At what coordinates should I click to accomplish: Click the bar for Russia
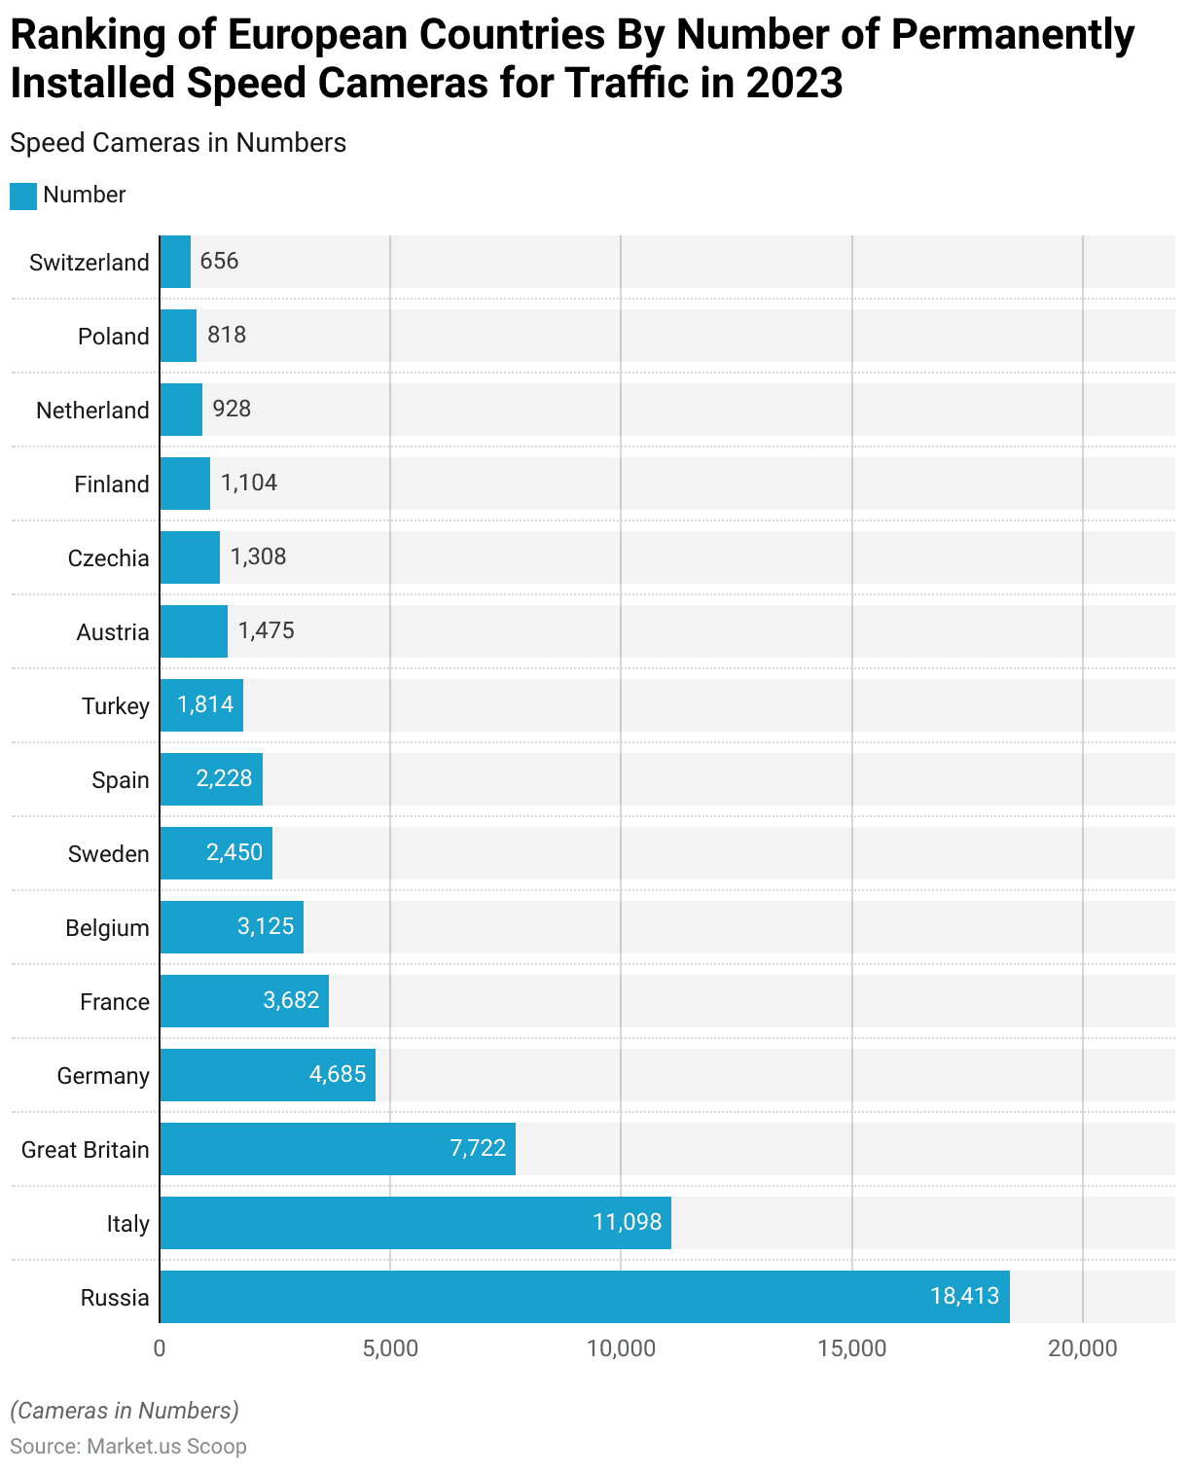[584, 1297]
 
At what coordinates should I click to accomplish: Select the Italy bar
[415, 1223]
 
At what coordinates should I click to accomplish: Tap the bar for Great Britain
[338, 1149]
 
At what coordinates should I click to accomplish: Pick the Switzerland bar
[175, 262]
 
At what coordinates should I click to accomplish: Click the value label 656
[219, 261]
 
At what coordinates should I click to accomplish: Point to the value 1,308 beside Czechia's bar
[258, 556]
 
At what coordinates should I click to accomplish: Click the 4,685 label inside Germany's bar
[338, 1074]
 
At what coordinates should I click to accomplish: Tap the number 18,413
[964, 1296]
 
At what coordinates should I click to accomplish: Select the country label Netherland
[92, 411]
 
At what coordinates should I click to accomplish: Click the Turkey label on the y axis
[116, 706]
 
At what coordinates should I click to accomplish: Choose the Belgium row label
[107, 928]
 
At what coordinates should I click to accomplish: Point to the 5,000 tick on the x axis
[390, 1348]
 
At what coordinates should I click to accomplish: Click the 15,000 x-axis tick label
[851, 1348]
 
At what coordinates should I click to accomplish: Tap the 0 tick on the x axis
[160, 1348]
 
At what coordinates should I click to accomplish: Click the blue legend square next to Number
[23, 196]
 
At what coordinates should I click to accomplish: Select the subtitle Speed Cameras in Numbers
[178, 143]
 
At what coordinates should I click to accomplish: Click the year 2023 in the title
[795, 83]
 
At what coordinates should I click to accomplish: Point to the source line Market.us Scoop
[128, 1447]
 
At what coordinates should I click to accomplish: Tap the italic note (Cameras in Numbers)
[125, 1411]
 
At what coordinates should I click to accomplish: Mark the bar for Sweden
[216, 853]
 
